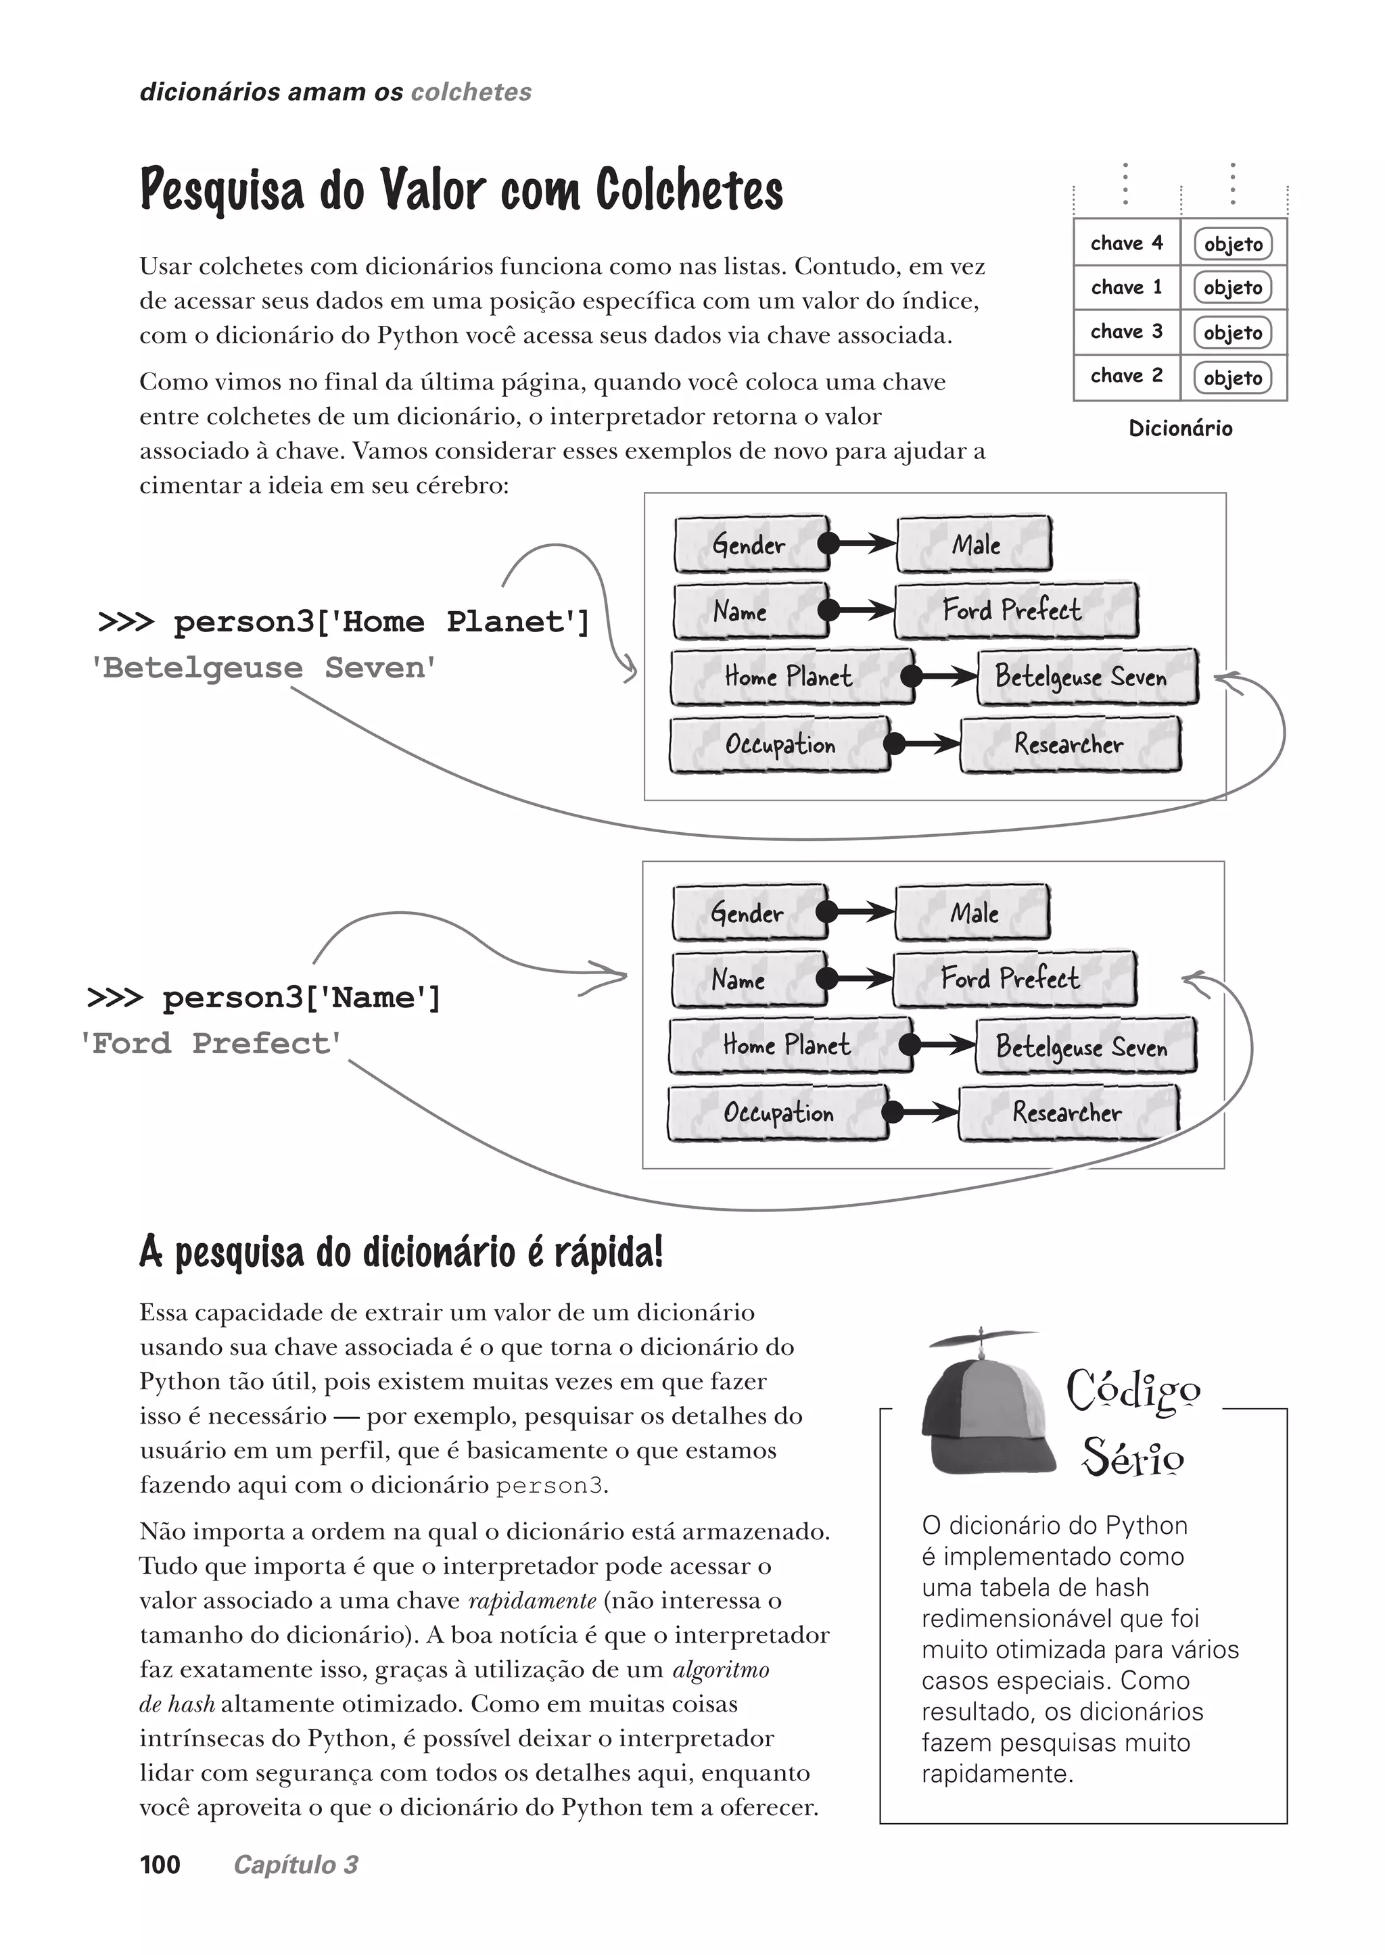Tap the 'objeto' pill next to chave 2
(1232, 378)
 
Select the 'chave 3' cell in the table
(1126, 332)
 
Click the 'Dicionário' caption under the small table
(1180, 428)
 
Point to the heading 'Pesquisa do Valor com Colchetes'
(461, 189)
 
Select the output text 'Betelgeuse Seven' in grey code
(264, 668)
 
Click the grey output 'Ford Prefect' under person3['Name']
(210, 1042)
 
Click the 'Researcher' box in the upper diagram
(1069, 744)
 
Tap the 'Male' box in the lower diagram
(973, 913)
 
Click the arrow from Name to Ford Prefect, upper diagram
(862, 610)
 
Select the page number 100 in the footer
(160, 1864)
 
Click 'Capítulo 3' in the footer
(296, 1864)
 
